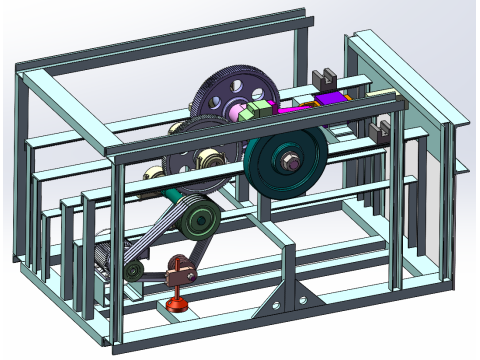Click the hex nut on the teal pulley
pyautogui.click(x=287, y=160)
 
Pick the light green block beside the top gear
pyautogui.click(x=263, y=107)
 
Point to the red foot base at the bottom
pyautogui.click(x=178, y=301)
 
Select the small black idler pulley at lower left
pyautogui.click(x=134, y=271)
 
